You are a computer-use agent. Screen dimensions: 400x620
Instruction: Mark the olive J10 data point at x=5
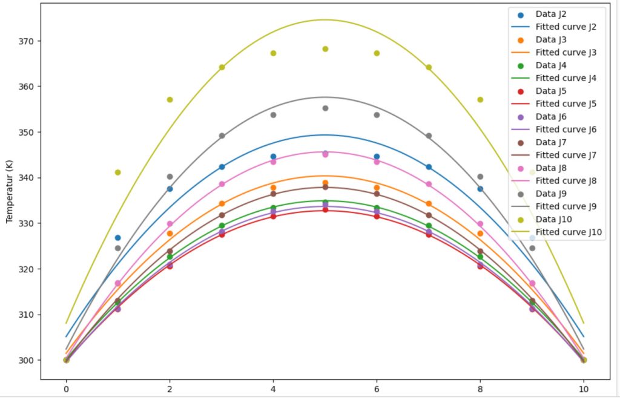point(325,49)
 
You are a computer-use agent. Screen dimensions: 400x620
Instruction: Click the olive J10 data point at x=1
point(118,172)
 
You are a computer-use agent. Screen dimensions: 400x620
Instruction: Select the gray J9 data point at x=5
point(325,108)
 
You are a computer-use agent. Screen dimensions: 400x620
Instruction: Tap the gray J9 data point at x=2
point(170,177)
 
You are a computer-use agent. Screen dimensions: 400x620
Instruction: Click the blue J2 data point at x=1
point(118,238)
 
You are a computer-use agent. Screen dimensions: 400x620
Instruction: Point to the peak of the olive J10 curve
point(325,20)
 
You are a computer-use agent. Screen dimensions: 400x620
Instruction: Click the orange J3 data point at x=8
point(480,234)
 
